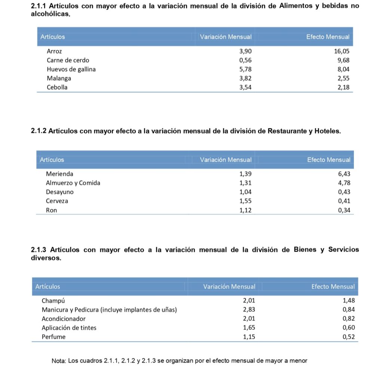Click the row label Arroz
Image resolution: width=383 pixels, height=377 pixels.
pos(54,51)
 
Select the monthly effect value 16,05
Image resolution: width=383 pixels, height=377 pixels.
pos(341,51)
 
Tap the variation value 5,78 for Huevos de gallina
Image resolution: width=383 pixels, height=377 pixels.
pos(245,69)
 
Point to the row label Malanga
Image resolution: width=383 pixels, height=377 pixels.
pos(59,78)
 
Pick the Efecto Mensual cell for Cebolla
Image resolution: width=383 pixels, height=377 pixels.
pos(343,87)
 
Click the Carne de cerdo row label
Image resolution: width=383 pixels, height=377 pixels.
pos(68,60)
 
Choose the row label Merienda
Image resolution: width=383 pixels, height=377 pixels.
pos(59,174)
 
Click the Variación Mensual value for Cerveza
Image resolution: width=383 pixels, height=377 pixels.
pos(245,201)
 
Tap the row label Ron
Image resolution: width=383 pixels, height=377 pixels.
pos(51,210)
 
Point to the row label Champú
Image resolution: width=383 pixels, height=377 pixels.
pos(53,301)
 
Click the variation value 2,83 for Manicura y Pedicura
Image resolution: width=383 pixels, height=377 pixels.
pos(249,310)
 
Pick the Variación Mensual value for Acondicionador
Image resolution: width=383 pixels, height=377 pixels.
pos(249,319)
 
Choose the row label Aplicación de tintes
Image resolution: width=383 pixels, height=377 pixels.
pos(69,328)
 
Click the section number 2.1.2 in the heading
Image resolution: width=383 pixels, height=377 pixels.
pos(38,131)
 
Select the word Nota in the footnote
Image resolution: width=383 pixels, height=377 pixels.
pos(58,361)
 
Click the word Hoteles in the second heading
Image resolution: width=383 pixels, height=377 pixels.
pos(328,131)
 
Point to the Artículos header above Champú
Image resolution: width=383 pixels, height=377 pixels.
pos(48,286)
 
